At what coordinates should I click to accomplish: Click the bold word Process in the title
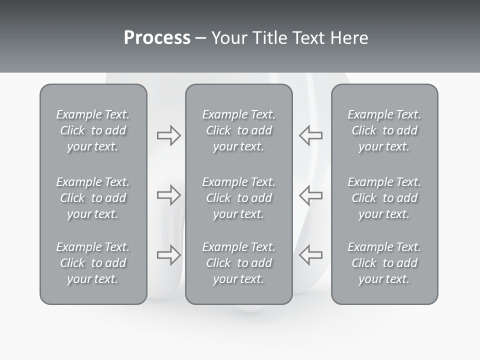pos(157,38)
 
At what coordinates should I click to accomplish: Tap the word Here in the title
pos(349,38)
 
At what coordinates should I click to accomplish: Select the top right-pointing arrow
pos(168,135)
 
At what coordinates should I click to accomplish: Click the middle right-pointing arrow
pos(168,195)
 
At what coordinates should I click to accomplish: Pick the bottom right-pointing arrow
pos(168,255)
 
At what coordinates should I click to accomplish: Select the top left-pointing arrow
pos(310,135)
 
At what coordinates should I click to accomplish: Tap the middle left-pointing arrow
pos(310,195)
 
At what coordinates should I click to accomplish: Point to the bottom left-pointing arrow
pos(310,255)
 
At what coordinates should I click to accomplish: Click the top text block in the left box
pos(93,130)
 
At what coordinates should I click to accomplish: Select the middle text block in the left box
pos(93,198)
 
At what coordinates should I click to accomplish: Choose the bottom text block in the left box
pos(93,263)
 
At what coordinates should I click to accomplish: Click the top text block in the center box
pos(238,130)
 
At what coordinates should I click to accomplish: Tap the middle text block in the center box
pos(238,198)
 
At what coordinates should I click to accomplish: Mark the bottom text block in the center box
pos(238,263)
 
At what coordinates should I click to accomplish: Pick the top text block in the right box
pos(384,130)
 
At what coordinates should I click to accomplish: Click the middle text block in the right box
pos(384,198)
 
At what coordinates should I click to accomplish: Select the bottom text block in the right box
pos(384,263)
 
